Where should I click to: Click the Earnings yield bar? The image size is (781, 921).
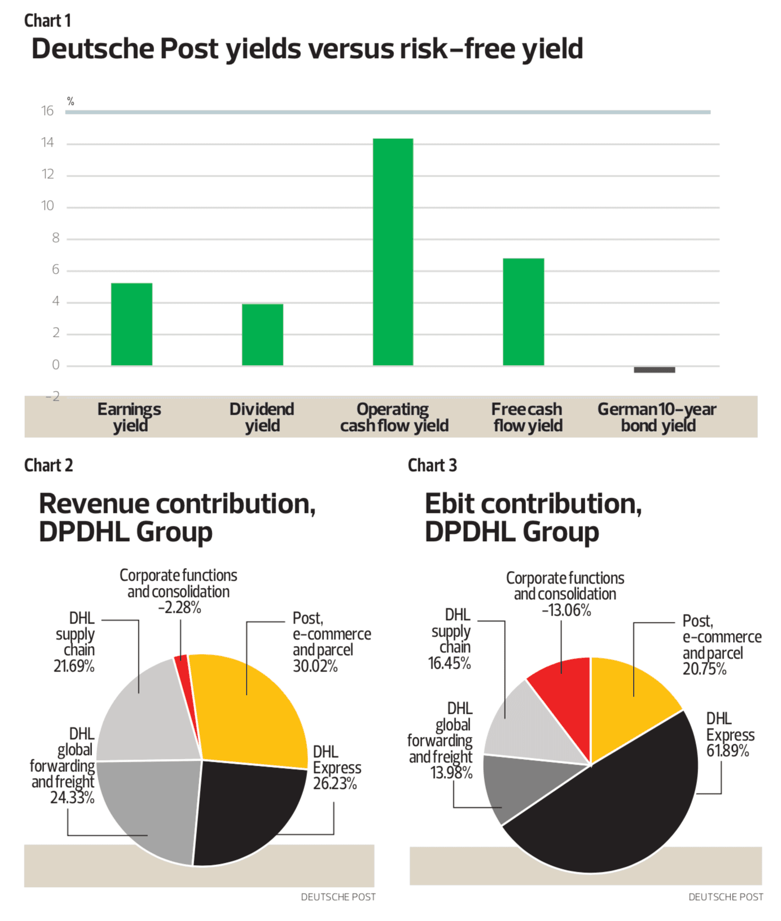131,324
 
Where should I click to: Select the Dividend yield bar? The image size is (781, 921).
262,335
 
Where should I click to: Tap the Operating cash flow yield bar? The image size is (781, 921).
393,252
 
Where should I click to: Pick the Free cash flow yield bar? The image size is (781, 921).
524,312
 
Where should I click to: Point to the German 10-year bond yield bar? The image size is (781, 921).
654,370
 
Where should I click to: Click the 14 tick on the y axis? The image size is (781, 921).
47,143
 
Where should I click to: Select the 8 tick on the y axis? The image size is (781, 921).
55,238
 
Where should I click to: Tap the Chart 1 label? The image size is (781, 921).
47,21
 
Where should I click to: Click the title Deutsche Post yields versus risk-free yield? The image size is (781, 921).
307,49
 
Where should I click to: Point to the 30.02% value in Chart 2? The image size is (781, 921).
315,666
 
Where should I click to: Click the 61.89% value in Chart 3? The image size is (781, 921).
727,751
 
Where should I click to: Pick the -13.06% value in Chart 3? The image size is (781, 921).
566,611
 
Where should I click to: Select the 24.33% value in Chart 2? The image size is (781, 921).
72,798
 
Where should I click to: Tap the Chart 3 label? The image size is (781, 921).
432,466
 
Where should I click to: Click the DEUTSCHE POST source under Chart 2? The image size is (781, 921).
338,897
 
